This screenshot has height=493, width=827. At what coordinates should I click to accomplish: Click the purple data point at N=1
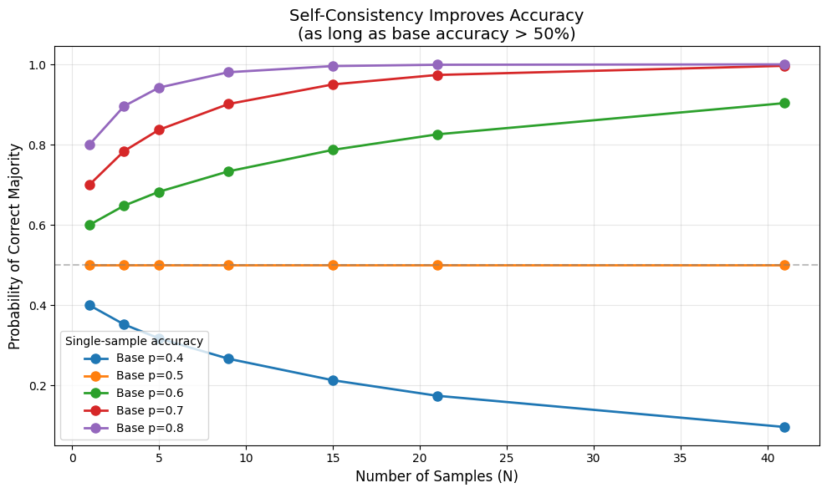tap(89, 145)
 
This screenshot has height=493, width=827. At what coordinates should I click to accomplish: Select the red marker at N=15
tap(333, 84)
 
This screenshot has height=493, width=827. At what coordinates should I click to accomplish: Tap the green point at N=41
tap(784, 103)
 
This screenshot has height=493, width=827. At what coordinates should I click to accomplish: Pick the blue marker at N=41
tap(784, 427)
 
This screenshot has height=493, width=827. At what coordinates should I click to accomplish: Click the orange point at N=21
tap(437, 265)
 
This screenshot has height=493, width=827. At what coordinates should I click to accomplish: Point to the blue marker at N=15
tap(333, 380)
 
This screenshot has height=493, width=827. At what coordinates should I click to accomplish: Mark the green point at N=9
tap(228, 171)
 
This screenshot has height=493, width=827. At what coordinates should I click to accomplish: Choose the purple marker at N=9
tap(228, 72)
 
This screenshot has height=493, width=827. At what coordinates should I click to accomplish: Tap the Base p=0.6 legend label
tap(150, 393)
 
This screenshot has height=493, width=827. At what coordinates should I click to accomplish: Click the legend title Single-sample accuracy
tap(134, 341)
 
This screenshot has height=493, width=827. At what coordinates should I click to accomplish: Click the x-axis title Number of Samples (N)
tap(436, 476)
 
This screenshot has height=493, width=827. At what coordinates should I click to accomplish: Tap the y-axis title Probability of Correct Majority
tap(15, 246)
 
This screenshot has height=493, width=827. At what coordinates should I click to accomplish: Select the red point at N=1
tap(89, 185)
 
